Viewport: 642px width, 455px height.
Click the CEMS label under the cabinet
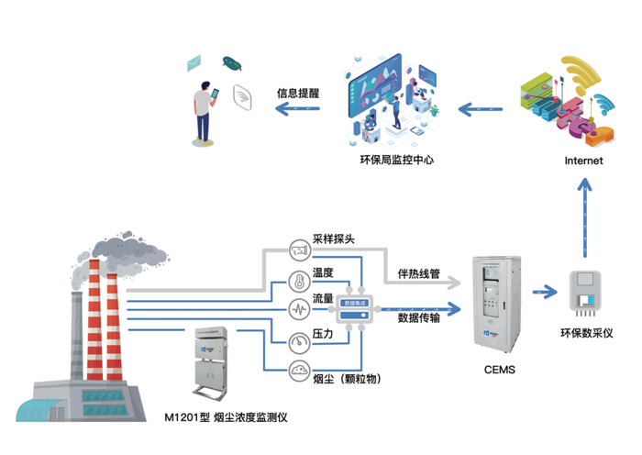[x=499, y=371]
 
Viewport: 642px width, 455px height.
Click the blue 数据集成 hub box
[x=353, y=308]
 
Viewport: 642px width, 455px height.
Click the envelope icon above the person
[x=194, y=63]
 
